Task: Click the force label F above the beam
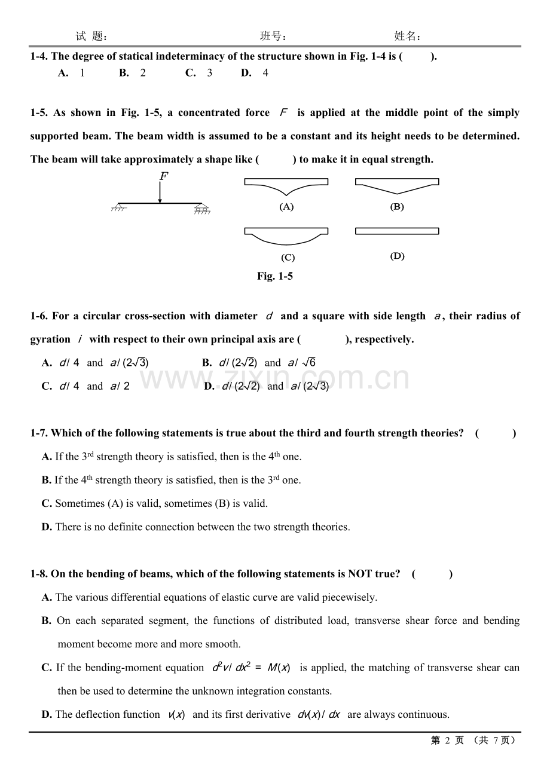pyautogui.click(x=163, y=176)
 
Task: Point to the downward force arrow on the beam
pyautogui.click(x=160, y=193)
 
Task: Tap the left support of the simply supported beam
pyautogui.click(x=119, y=207)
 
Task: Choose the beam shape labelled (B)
pyautogui.click(x=397, y=185)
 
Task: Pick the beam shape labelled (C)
pyautogui.click(x=286, y=235)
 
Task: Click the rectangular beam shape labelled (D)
pyautogui.click(x=397, y=231)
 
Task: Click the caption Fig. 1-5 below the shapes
pyautogui.click(x=275, y=276)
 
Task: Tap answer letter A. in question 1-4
pyautogui.click(x=63, y=73)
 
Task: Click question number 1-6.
pyautogui.click(x=39, y=316)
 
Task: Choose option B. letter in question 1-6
pyautogui.click(x=207, y=363)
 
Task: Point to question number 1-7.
pyautogui.click(x=39, y=433)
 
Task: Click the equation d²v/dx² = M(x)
pyautogui.click(x=251, y=668)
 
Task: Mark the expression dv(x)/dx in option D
pyautogui.click(x=319, y=715)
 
